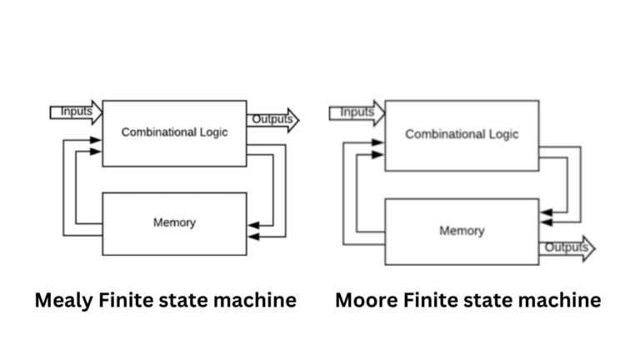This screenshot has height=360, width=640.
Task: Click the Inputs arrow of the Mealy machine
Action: [x=77, y=112]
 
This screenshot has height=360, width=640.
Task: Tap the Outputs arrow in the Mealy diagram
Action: [x=272, y=120]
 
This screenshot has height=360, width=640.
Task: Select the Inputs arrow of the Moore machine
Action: [x=357, y=112]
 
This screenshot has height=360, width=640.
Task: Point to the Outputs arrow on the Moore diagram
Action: [x=567, y=248]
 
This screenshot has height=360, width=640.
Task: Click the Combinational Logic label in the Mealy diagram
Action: [x=174, y=132]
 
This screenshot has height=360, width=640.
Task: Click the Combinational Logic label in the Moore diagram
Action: [x=462, y=134]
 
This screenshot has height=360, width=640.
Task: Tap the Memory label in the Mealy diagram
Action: [x=174, y=222]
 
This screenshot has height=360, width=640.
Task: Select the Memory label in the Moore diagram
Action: [x=462, y=231]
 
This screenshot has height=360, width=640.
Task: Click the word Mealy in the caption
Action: [x=64, y=301]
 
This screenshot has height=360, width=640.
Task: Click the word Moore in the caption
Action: [x=367, y=300]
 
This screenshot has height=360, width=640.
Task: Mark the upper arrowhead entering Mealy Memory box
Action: [x=254, y=225]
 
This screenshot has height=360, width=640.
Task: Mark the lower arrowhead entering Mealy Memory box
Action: [x=254, y=237]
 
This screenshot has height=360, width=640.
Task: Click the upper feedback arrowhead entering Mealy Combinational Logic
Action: [x=96, y=140]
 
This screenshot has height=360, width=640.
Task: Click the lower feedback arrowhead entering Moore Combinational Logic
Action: [x=377, y=155]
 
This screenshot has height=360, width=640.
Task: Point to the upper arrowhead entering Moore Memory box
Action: [x=547, y=212]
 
